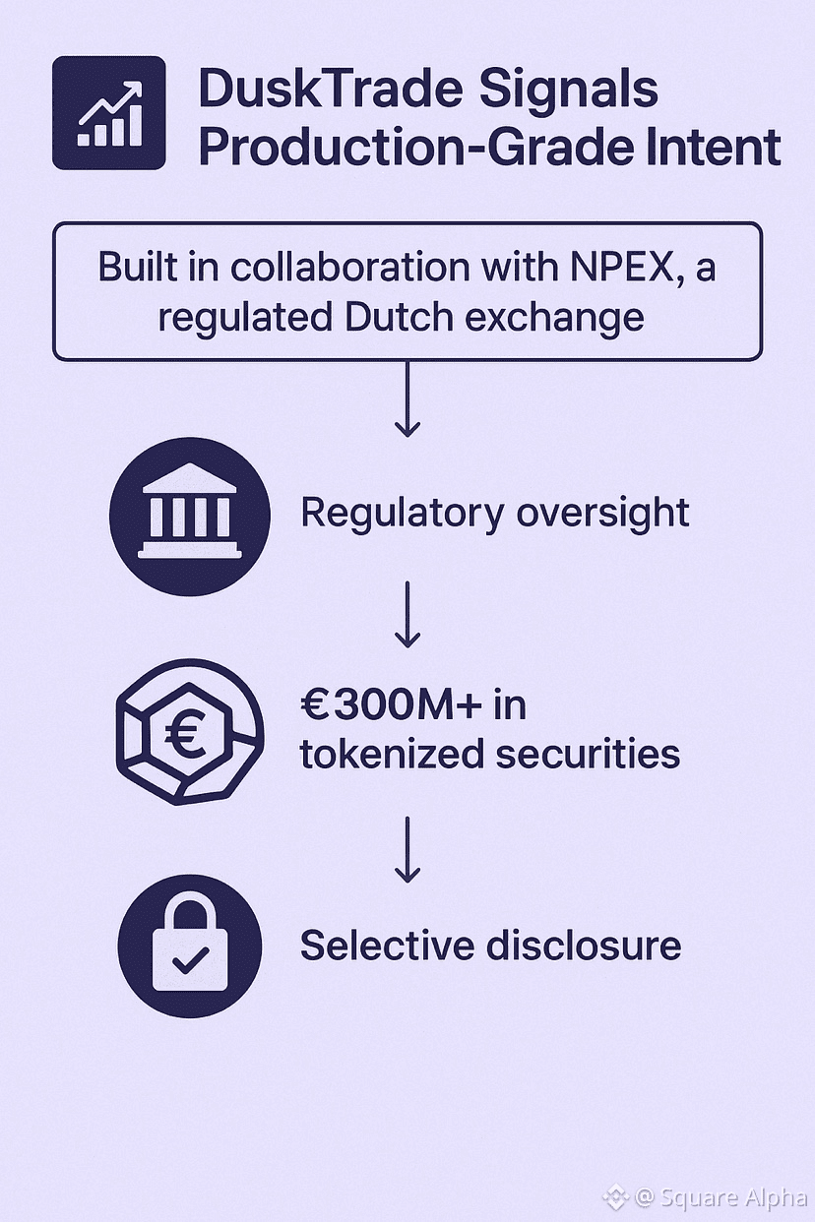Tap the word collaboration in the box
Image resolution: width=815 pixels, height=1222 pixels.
click(365, 269)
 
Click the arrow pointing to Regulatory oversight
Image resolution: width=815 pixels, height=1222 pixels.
click(407, 398)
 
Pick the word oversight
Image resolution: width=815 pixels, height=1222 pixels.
click(598, 514)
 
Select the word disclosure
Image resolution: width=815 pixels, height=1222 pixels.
click(584, 946)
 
